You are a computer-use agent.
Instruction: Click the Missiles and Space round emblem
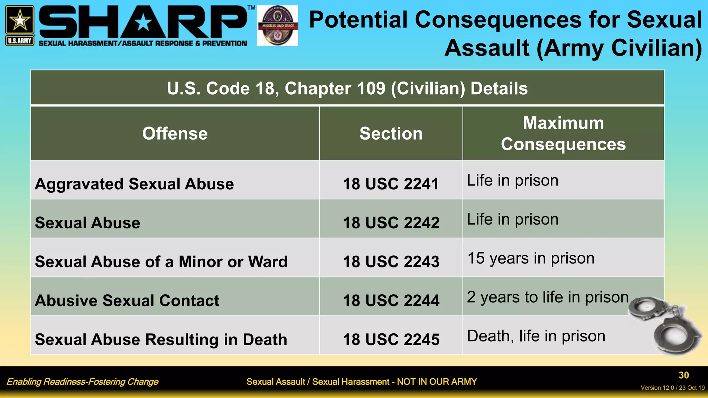point(278,26)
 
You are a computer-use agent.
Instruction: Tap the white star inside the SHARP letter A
point(143,23)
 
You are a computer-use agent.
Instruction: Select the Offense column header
point(175,134)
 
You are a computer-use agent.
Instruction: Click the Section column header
point(391,134)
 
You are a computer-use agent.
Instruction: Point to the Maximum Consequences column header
point(563,134)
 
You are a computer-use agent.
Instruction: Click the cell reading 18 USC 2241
point(391,184)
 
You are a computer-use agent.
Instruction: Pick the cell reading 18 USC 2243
point(391,262)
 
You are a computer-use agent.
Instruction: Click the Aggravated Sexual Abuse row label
point(134,184)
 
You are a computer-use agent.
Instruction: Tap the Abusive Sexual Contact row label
point(127,301)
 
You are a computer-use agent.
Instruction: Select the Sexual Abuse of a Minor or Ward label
point(161,262)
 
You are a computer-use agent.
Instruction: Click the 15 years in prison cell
point(531,258)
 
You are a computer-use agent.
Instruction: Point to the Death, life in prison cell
point(536,336)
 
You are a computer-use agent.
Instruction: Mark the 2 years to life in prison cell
point(548,297)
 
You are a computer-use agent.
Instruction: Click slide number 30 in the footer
point(684,375)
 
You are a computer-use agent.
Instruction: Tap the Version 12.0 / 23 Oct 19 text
point(672,388)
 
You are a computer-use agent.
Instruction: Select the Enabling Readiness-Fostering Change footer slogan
point(82,382)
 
